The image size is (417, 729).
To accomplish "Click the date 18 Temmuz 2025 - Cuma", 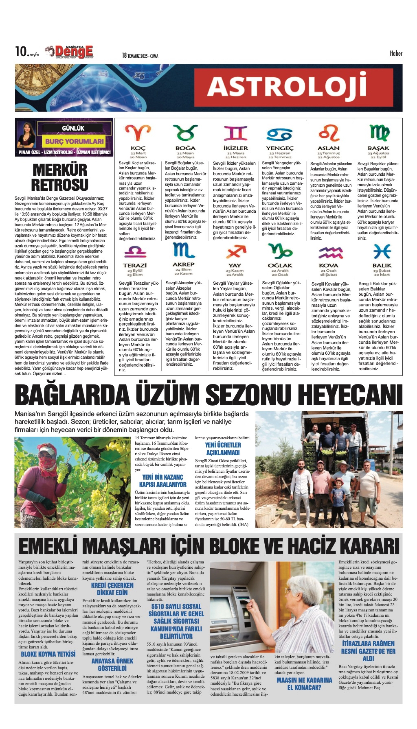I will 140,55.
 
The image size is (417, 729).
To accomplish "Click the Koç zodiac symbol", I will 138,132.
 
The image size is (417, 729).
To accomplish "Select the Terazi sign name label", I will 135,265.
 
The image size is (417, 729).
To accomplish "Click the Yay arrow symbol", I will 236,252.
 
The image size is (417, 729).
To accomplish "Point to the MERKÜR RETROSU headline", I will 60,177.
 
